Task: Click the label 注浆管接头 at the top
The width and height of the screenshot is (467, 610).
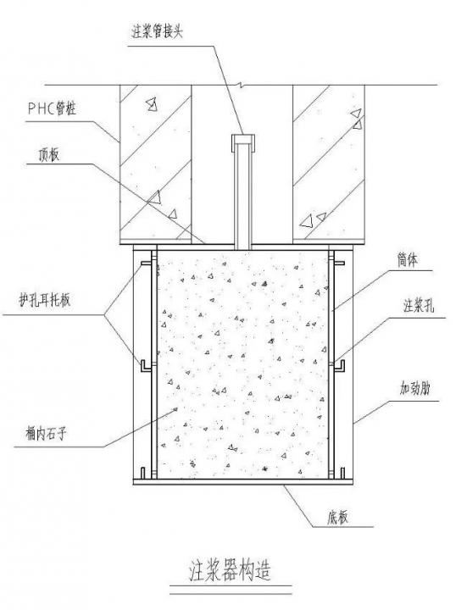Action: (x=158, y=32)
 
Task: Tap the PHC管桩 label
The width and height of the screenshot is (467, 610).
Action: (x=52, y=108)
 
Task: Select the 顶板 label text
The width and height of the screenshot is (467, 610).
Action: (x=48, y=155)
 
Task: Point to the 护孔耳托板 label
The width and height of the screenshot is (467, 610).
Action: (x=45, y=300)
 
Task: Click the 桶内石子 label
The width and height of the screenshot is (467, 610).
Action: (x=46, y=434)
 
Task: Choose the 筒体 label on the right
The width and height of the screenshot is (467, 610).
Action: (x=408, y=260)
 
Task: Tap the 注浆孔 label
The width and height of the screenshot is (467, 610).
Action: (x=419, y=306)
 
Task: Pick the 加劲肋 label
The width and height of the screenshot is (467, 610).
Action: (x=414, y=388)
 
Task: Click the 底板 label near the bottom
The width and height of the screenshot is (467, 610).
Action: (x=338, y=518)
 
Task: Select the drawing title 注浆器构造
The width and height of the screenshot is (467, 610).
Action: (x=230, y=571)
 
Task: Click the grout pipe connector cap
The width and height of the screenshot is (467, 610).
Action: (x=243, y=143)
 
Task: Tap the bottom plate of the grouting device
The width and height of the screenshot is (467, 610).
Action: (x=243, y=481)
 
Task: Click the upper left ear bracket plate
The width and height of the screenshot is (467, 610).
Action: (x=146, y=263)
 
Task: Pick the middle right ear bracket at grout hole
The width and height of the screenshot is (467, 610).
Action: (x=340, y=366)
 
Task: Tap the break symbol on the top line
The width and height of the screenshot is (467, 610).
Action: (x=243, y=85)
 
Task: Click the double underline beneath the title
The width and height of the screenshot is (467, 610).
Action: (x=231, y=590)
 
